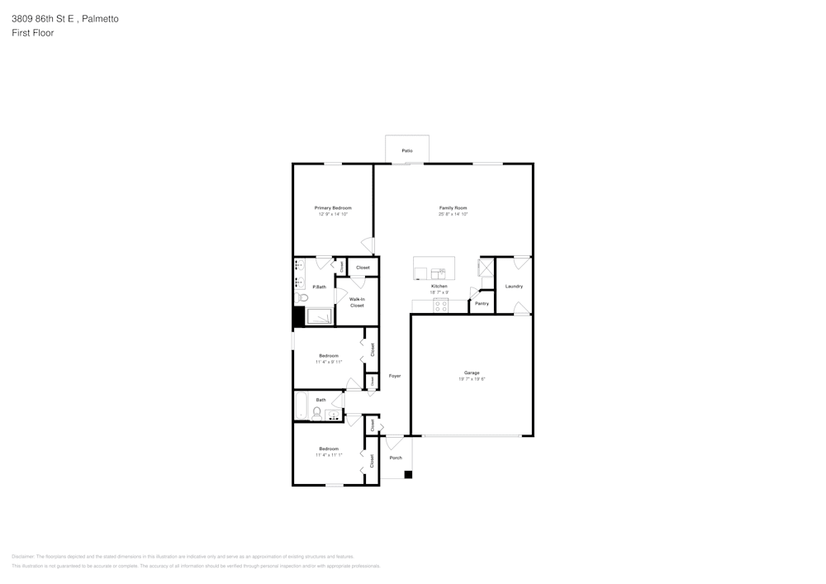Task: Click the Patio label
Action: [406, 151]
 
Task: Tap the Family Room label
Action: [453, 208]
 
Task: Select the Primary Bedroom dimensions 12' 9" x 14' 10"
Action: [333, 215]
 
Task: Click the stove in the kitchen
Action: [441, 305]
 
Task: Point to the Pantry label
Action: [482, 303]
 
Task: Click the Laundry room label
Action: [514, 286]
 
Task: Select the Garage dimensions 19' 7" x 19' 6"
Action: [472, 379]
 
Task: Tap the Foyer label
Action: [395, 376]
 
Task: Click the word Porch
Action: [396, 458]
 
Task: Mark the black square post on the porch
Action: [407, 474]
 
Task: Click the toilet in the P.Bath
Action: [301, 298]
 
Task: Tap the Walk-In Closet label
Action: [357, 302]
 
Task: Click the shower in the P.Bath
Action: [320, 316]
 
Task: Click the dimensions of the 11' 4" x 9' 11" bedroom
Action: [329, 362]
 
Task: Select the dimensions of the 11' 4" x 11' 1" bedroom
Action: [329, 455]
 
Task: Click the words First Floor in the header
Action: [33, 33]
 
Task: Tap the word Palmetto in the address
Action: [101, 18]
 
